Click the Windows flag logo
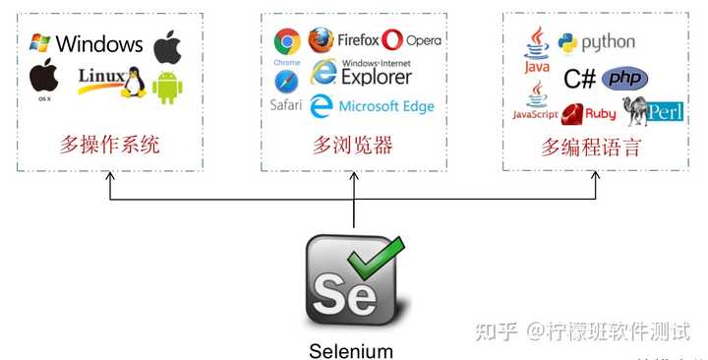(x=39, y=42)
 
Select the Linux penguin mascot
(x=132, y=83)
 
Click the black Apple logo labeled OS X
(x=42, y=76)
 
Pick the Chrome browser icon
(x=287, y=40)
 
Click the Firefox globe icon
(x=321, y=39)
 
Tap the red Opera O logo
(x=392, y=40)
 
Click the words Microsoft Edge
(x=385, y=106)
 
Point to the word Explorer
(x=377, y=77)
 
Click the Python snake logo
(x=566, y=42)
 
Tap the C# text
(x=580, y=79)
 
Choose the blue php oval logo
(x=624, y=79)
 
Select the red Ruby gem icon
(x=573, y=112)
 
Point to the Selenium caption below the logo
(x=351, y=350)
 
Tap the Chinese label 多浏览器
(x=353, y=147)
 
